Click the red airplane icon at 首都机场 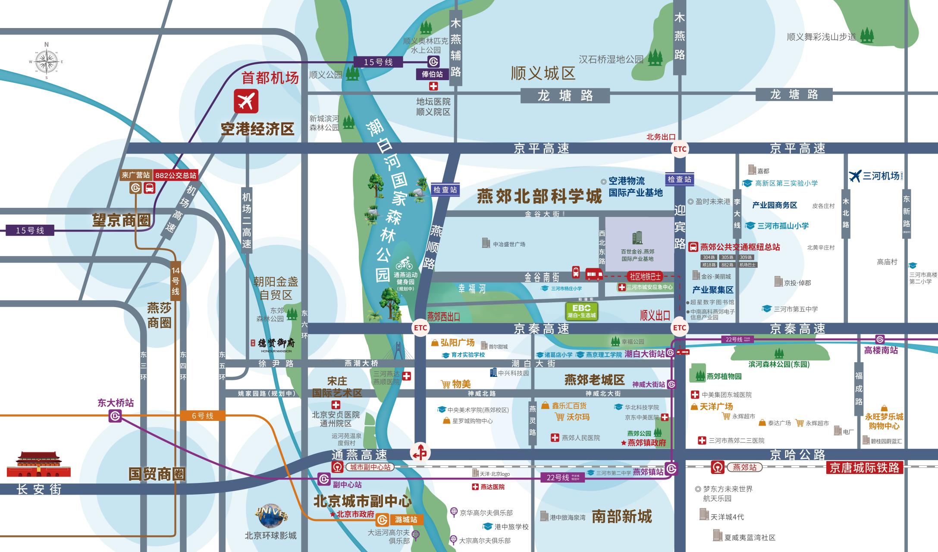click(x=246, y=101)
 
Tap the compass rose click(x=46, y=62)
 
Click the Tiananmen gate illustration click(x=38, y=464)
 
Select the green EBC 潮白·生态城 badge click(x=581, y=311)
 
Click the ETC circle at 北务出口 click(x=680, y=149)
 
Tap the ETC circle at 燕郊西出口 click(x=420, y=328)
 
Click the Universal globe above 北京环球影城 click(x=271, y=515)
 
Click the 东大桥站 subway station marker click(x=115, y=416)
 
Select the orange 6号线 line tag click(x=203, y=416)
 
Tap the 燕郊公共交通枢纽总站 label click(x=740, y=247)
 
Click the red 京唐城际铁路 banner click(x=864, y=468)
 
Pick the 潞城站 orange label click(x=406, y=520)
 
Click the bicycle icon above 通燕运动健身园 click(x=404, y=263)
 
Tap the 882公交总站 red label click(x=176, y=176)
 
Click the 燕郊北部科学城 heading click(x=539, y=197)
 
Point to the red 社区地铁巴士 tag click(x=645, y=276)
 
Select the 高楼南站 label click(x=881, y=351)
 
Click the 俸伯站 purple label click(x=432, y=74)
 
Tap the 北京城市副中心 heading click(x=362, y=501)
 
